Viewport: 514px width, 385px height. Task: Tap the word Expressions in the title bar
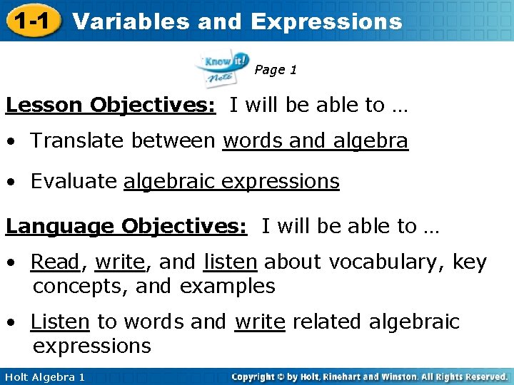point(326,21)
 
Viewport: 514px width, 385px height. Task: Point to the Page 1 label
point(276,70)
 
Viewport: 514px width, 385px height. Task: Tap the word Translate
point(79,142)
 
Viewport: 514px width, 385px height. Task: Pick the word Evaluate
point(74,182)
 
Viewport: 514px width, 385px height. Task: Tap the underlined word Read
point(55,262)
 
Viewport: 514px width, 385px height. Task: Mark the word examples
point(227,287)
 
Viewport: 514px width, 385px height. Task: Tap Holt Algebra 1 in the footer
point(44,376)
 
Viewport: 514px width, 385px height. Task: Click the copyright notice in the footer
point(369,376)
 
